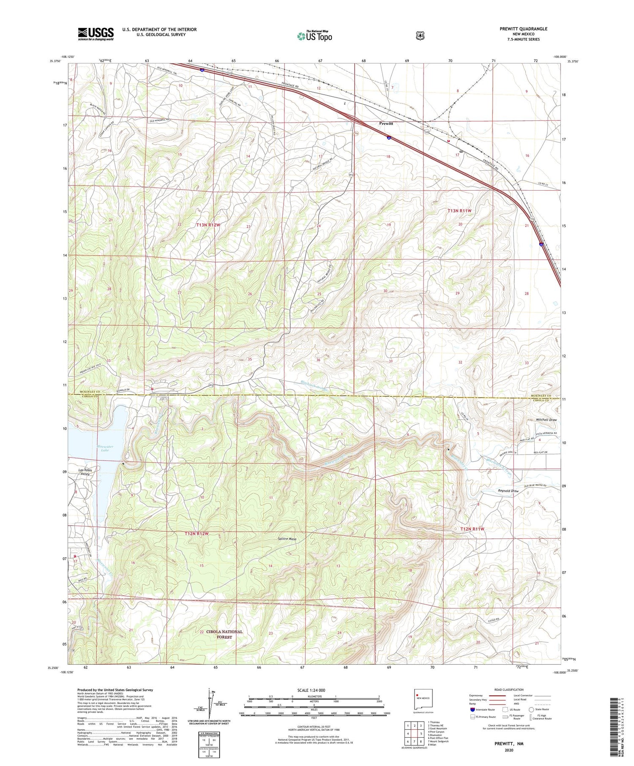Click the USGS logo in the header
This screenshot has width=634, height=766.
(x=96, y=33)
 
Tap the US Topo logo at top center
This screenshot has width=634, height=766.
(x=314, y=36)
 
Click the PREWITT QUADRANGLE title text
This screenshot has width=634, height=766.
(x=523, y=29)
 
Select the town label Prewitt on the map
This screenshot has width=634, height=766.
(x=386, y=123)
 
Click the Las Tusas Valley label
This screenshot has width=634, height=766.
(x=85, y=472)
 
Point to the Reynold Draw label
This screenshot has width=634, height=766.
(x=508, y=491)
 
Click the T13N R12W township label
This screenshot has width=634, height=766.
(x=208, y=225)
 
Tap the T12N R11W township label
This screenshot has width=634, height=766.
(x=472, y=529)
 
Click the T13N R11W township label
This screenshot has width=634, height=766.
(x=459, y=210)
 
